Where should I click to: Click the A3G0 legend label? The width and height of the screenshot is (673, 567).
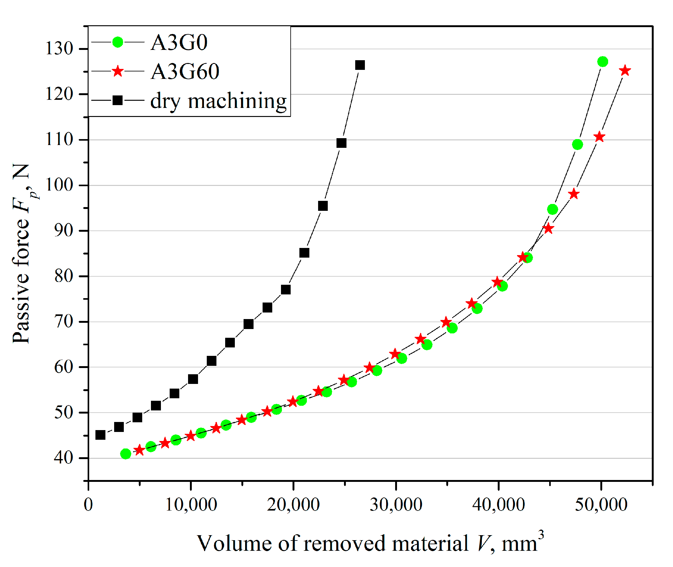[x=179, y=42]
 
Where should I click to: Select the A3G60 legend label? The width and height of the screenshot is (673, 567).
[x=185, y=71]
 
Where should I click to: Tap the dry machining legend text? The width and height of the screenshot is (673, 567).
[x=218, y=101]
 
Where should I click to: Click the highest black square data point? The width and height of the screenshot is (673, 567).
[x=360, y=65]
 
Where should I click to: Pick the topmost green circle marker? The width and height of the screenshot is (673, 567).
[x=603, y=62]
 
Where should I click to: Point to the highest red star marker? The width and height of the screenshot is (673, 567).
[x=625, y=71]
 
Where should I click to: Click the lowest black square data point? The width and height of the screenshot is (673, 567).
[x=101, y=435]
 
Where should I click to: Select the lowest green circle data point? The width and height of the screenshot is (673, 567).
[x=126, y=454]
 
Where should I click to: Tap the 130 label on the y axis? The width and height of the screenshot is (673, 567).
[x=60, y=49]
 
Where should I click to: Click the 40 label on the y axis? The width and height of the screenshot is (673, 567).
[x=64, y=458]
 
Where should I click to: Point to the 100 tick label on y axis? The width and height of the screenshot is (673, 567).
[x=60, y=185]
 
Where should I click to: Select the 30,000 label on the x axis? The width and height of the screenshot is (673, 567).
[x=396, y=505]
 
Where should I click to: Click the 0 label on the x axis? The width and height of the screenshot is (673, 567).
[x=88, y=505]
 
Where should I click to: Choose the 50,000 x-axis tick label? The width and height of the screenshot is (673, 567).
[x=601, y=505]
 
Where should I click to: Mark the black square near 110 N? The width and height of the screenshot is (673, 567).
[x=341, y=143]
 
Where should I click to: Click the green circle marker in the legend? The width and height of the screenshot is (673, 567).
[x=118, y=42]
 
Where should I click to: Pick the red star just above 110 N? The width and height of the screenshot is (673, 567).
[x=599, y=137]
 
